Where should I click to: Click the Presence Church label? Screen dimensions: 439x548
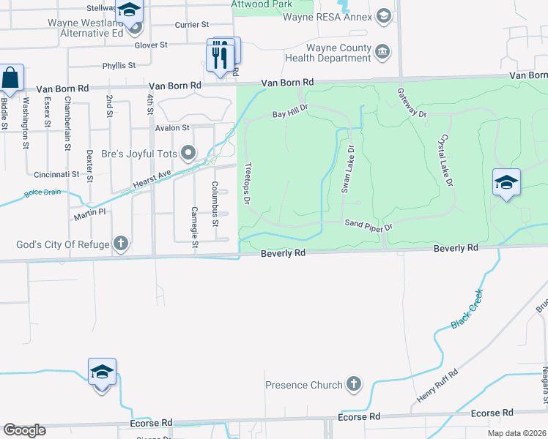[x=303, y=385]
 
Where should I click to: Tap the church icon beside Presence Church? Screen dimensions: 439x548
[x=354, y=384]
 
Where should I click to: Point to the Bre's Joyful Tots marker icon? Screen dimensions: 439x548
[x=189, y=153]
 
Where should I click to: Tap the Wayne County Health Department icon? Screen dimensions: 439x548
[x=382, y=51]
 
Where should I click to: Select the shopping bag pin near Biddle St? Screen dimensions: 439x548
[x=10, y=77]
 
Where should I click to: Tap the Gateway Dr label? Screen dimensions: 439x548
[x=411, y=102]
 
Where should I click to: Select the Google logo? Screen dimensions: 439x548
[x=24, y=430]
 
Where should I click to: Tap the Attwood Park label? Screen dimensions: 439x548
[x=262, y=4]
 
